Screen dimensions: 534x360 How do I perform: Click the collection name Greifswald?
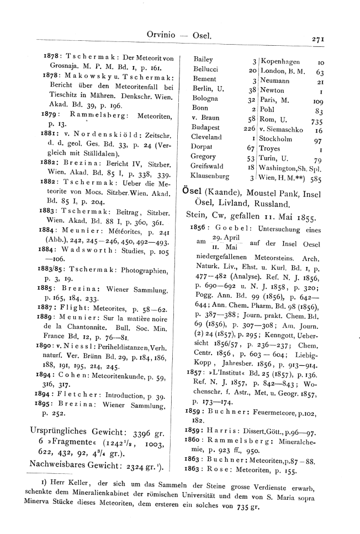pos(206,166)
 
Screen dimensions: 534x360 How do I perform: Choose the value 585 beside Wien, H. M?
pos(317,179)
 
